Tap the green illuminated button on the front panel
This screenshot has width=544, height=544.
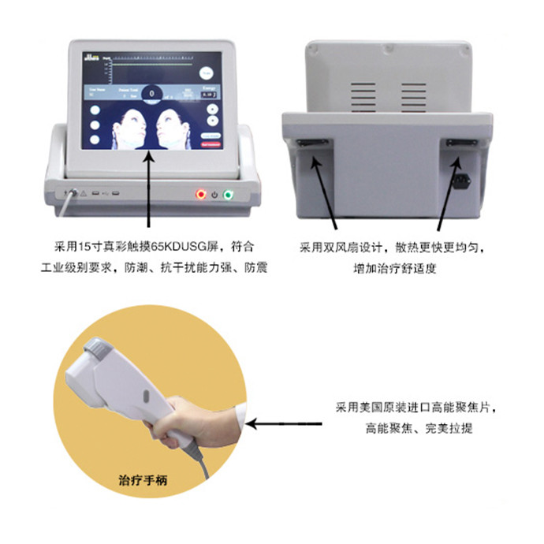[229, 193]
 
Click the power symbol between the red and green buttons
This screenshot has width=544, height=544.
[214, 193]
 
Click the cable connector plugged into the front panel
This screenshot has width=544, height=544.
[72, 192]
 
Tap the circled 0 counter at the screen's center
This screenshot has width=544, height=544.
[151, 94]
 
